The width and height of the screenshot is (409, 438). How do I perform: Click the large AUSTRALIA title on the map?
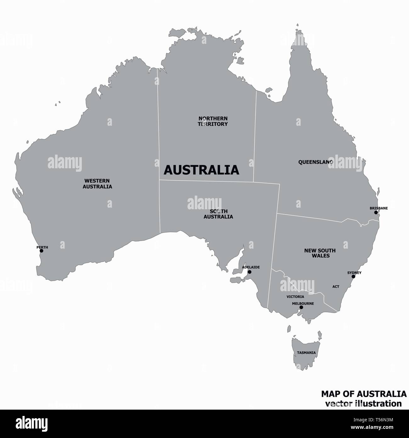(x=201, y=170)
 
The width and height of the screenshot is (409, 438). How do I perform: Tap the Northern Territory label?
(x=213, y=121)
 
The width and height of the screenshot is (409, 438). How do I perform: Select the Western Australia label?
(x=97, y=183)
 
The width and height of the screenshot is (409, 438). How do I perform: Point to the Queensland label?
(x=315, y=162)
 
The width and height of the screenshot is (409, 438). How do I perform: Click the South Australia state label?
(x=218, y=214)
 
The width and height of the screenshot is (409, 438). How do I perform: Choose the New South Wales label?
(x=320, y=253)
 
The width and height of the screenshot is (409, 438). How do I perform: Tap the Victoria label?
(x=295, y=297)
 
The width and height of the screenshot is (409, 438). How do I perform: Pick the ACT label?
(x=336, y=287)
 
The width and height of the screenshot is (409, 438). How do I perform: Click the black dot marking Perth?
(x=41, y=251)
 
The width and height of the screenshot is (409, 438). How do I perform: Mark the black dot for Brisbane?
(x=376, y=212)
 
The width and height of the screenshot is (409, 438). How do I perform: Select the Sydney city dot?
(x=353, y=276)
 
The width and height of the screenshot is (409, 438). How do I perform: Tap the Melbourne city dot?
(x=301, y=307)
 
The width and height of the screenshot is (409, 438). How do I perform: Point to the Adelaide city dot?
(x=249, y=272)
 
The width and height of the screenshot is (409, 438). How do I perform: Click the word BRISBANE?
(x=378, y=208)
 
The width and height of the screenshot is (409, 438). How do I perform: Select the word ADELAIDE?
(x=251, y=267)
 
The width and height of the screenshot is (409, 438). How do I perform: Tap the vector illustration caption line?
(x=363, y=403)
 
